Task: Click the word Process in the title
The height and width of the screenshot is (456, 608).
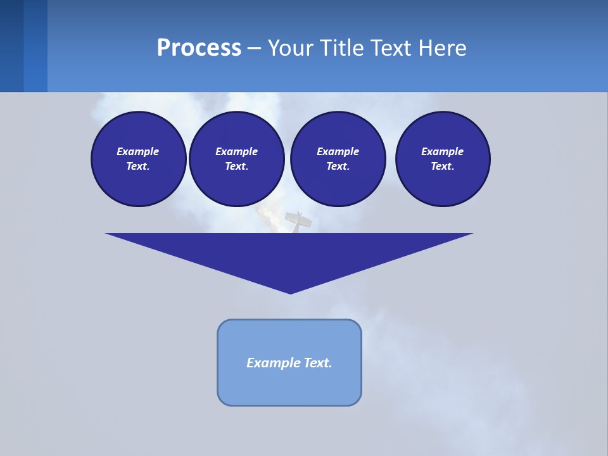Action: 199,47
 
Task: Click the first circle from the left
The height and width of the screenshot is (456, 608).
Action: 138,159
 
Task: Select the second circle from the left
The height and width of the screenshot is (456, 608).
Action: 236,159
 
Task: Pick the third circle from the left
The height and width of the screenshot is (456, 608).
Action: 338,159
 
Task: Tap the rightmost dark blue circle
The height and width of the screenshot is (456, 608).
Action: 443,159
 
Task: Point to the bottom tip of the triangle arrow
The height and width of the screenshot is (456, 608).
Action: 290,293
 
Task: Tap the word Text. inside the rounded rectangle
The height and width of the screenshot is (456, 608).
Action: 317,363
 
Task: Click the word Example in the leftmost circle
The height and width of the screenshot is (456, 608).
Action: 138,151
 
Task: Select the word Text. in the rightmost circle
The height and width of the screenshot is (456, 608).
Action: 443,167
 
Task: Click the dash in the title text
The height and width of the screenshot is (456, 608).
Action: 254,48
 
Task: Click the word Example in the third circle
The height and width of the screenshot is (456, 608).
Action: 338,151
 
